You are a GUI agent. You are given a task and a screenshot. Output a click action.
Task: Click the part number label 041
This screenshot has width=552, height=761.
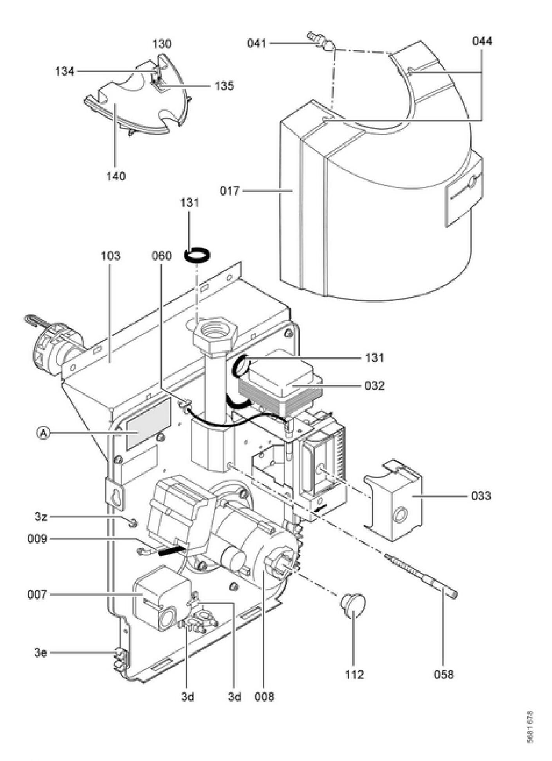coord(256,43)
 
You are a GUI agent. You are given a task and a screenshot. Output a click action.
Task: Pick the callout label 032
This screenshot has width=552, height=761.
coord(374,386)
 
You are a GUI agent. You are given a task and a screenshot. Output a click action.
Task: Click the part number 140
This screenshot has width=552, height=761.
coord(116,176)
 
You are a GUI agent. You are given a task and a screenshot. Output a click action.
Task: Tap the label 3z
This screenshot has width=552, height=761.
coord(41,516)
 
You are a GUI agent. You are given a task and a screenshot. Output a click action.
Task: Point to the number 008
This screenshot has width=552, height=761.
coord(264,697)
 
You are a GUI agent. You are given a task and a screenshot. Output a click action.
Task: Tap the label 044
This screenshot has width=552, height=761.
coord(482,41)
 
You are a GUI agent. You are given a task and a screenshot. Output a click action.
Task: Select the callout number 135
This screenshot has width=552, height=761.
coord(224,85)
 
